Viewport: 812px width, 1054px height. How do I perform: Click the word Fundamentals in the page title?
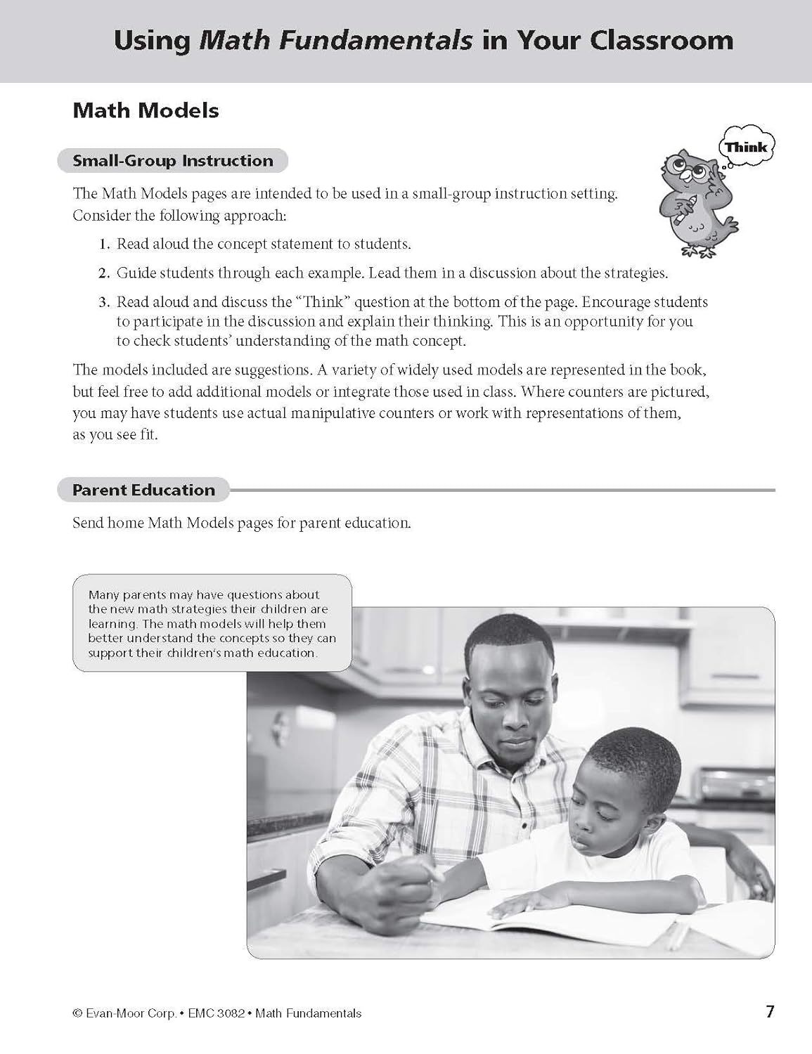coord(336,40)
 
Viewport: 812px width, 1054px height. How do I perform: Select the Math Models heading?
coord(146,110)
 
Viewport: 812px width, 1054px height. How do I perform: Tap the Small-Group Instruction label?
coord(173,160)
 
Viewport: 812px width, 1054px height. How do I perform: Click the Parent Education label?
coord(143,490)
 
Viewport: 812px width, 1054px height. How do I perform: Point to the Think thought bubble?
coord(746,148)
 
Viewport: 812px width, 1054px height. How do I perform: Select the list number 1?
coord(104,245)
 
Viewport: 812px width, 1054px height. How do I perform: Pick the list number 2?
coord(104,273)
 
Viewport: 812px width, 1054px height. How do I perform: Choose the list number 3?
coord(104,303)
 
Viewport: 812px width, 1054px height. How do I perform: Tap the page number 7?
coord(770,1012)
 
